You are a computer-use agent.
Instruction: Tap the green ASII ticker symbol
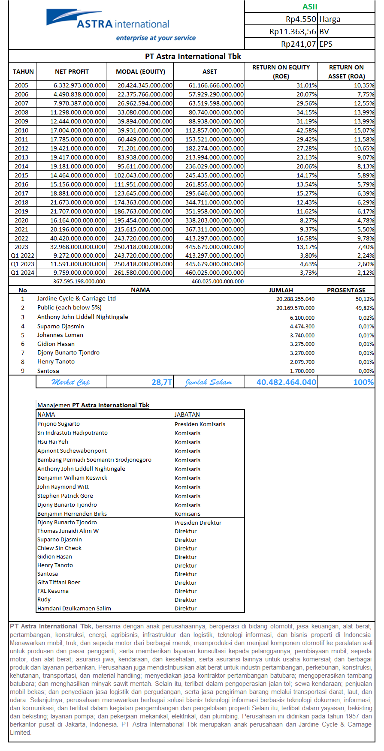310,6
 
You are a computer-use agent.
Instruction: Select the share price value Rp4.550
301,19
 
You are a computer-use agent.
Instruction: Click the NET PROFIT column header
72,72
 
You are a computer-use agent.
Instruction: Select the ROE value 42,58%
306,130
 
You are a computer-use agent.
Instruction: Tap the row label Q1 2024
22,273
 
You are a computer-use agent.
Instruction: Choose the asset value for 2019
215,211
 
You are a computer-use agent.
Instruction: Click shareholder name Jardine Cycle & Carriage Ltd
76,298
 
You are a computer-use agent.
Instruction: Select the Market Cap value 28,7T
162,382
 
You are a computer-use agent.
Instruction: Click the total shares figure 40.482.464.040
286,382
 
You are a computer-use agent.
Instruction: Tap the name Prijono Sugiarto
58,424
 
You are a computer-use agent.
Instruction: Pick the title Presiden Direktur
198,523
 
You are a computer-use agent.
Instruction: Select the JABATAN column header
187,415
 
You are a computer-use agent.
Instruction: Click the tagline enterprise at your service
156,38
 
